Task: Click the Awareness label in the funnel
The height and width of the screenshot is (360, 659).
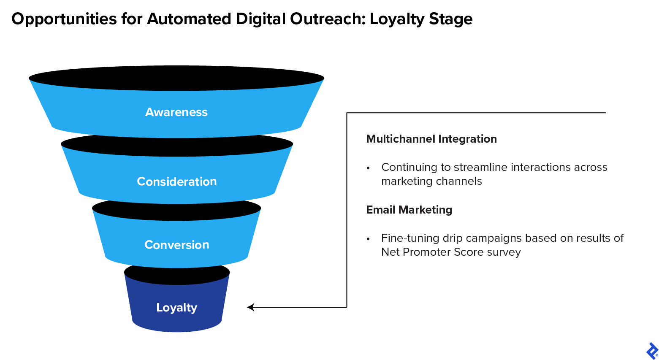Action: [x=176, y=112]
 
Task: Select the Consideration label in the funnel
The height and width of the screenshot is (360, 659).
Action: [x=177, y=181]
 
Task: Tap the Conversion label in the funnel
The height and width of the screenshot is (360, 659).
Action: [x=177, y=245]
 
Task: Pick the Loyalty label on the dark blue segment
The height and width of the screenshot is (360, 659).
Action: [x=177, y=308]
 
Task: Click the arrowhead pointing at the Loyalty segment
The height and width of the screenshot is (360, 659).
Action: [x=250, y=307]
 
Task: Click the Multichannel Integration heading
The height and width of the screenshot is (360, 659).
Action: [x=431, y=139]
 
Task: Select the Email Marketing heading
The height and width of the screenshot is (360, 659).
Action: [x=409, y=210]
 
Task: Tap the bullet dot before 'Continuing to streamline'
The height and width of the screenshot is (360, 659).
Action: [x=368, y=168]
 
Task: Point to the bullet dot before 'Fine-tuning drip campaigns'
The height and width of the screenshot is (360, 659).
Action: [x=368, y=239]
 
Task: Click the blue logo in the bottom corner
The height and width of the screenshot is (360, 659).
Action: [x=652, y=351]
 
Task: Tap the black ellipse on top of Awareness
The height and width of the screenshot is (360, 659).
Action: [x=176, y=78]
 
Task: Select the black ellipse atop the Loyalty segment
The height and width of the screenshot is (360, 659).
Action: [x=177, y=275]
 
